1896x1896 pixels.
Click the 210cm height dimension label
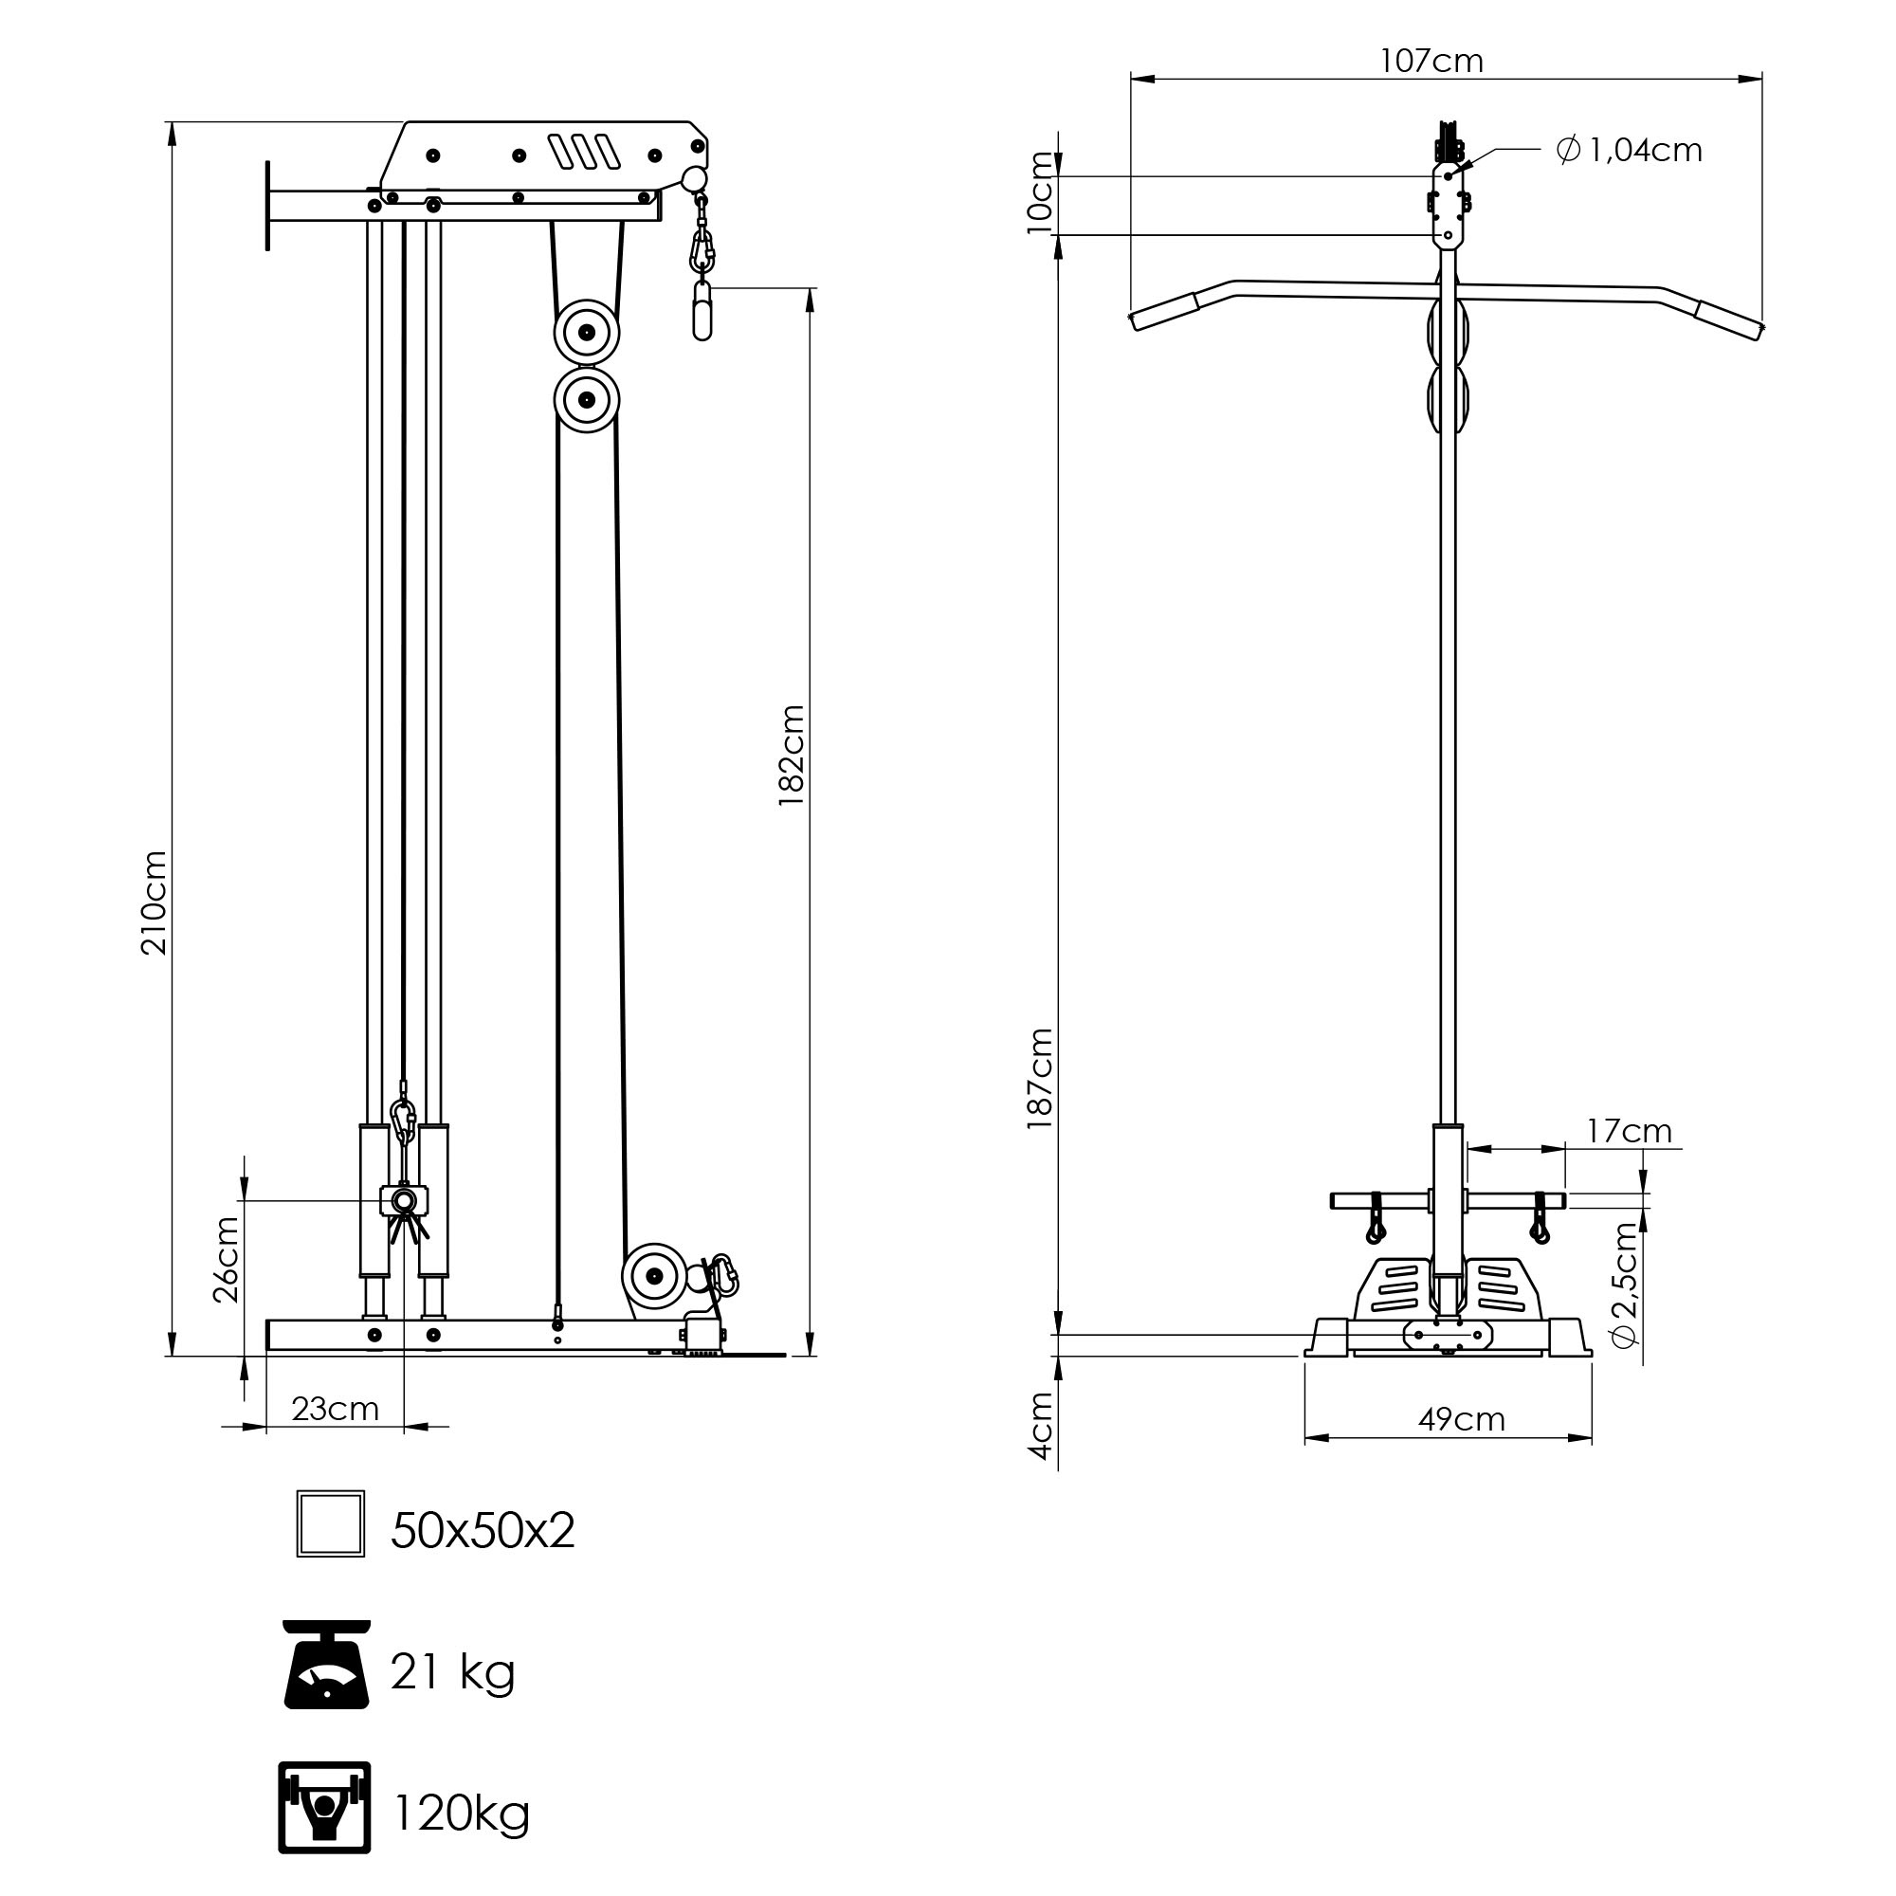[x=155, y=903]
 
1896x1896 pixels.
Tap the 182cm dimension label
[x=792, y=756]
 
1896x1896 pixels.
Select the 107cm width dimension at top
[x=1431, y=62]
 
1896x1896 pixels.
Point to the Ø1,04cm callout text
[x=1629, y=150]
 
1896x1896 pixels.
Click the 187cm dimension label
[x=1040, y=1079]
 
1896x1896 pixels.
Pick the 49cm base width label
[x=1461, y=1420]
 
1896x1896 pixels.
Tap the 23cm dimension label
[x=335, y=1410]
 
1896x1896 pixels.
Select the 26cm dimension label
[x=227, y=1259]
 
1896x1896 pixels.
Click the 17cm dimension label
[x=1629, y=1132]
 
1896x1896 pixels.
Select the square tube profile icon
[x=331, y=1524]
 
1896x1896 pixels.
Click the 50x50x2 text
[x=482, y=1530]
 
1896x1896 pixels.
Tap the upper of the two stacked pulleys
[x=586, y=333]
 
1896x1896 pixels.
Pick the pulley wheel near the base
[x=653, y=1277]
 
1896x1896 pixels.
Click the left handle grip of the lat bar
[x=1165, y=309]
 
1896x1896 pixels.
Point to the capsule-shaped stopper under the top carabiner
[x=702, y=310]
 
